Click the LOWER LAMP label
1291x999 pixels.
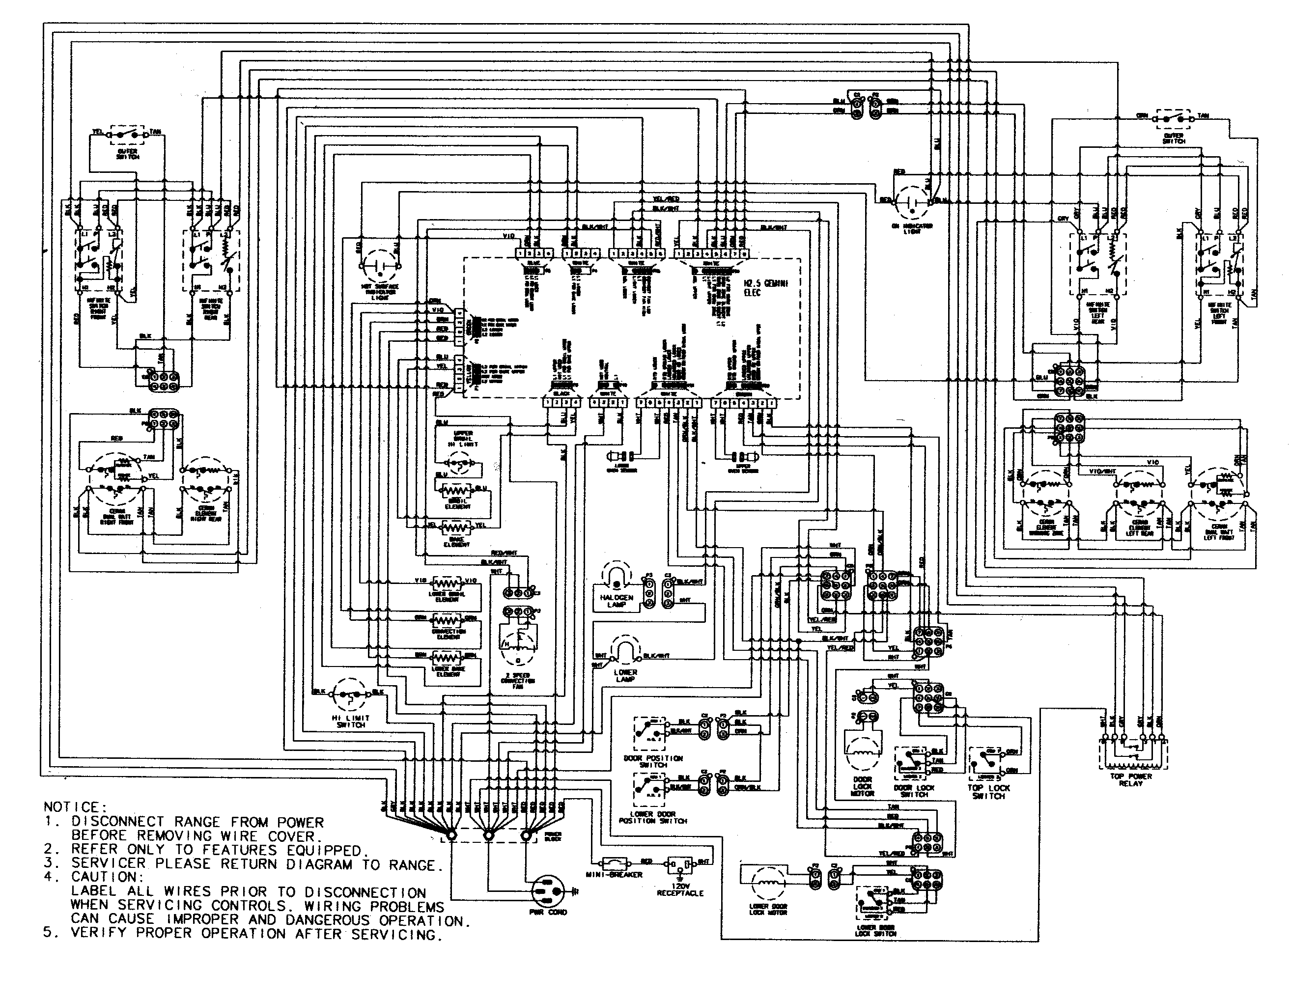point(625,676)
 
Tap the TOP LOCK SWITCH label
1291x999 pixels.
point(988,792)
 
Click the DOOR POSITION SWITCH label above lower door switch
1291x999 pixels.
point(653,761)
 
